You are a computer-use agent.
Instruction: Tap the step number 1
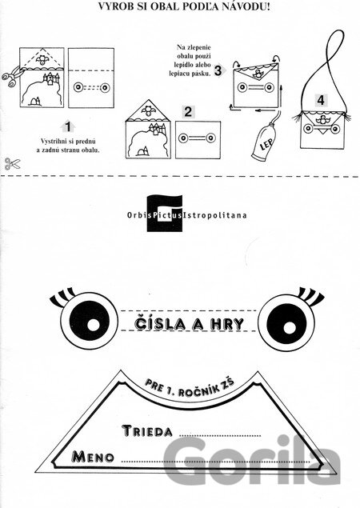click(68, 126)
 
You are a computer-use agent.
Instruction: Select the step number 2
click(188, 112)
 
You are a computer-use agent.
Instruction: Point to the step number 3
click(218, 70)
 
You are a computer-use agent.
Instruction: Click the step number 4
click(321, 100)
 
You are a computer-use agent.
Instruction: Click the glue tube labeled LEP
click(265, 142)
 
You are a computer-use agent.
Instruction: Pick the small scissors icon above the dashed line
click(12, 164)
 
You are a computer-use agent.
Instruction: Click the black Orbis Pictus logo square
click(165, 214)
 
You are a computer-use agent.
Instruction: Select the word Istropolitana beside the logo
click(215, 215)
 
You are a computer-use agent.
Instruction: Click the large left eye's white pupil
click(94, 325)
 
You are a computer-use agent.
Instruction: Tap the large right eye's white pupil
click(289, 327)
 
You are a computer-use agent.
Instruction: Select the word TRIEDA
click(147, 431)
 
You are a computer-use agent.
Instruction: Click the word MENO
click(93, 457)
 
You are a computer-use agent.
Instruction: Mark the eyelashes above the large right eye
click(310, 296)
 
